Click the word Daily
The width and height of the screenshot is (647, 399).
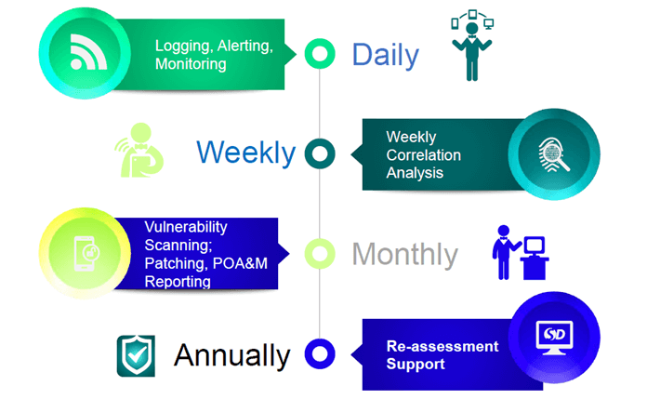click(386, 56)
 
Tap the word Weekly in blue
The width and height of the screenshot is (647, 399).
click(246, 153)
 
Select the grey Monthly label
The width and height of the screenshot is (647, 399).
click(404, 254)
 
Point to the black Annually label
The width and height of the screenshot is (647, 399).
click(232, 355)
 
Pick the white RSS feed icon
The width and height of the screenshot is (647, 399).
click(88, 52)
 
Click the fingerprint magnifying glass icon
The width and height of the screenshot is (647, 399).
click(554, 155)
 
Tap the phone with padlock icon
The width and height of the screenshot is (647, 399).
click(86, 254)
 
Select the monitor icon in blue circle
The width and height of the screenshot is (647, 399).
click(554, 338)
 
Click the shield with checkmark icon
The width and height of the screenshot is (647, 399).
click(136, 355)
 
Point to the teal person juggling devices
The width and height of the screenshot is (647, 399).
click(472, 46)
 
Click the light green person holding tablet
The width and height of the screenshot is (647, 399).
click(139, 151)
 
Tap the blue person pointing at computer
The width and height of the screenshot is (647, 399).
click(521, 253)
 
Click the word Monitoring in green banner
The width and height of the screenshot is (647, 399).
click(191, 64)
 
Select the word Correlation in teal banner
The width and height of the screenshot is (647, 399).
click(423, 155)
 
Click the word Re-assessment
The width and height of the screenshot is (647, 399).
click(442, 346)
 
